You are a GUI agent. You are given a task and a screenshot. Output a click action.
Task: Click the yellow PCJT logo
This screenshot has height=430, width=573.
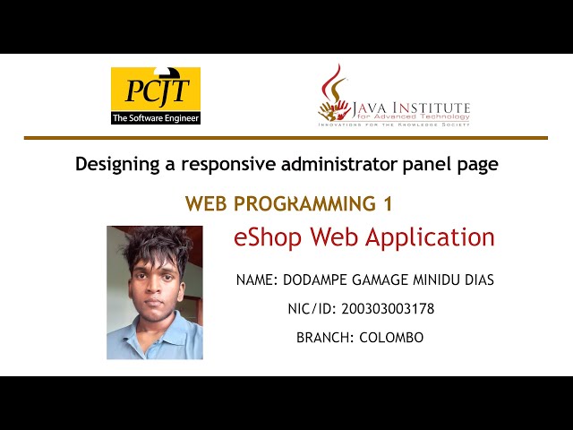(155, 90)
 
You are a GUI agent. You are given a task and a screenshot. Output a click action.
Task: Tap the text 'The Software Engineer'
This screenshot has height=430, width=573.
(155, 117)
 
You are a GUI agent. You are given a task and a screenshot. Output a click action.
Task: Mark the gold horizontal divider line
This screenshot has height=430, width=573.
(286, 138)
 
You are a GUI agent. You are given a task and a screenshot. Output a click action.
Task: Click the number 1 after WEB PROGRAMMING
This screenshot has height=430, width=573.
(388, 204)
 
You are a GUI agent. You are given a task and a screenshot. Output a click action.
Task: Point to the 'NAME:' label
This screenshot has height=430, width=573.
(257, 280)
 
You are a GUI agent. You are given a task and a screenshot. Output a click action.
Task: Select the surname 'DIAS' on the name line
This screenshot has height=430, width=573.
(475, 280)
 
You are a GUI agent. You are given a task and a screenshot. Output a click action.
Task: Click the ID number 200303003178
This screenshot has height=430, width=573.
(388, 309)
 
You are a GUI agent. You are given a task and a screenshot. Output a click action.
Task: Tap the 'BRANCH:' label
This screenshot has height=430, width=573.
(325, 338)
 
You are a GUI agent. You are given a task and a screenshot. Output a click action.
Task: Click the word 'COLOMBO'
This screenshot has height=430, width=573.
(391, 338)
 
